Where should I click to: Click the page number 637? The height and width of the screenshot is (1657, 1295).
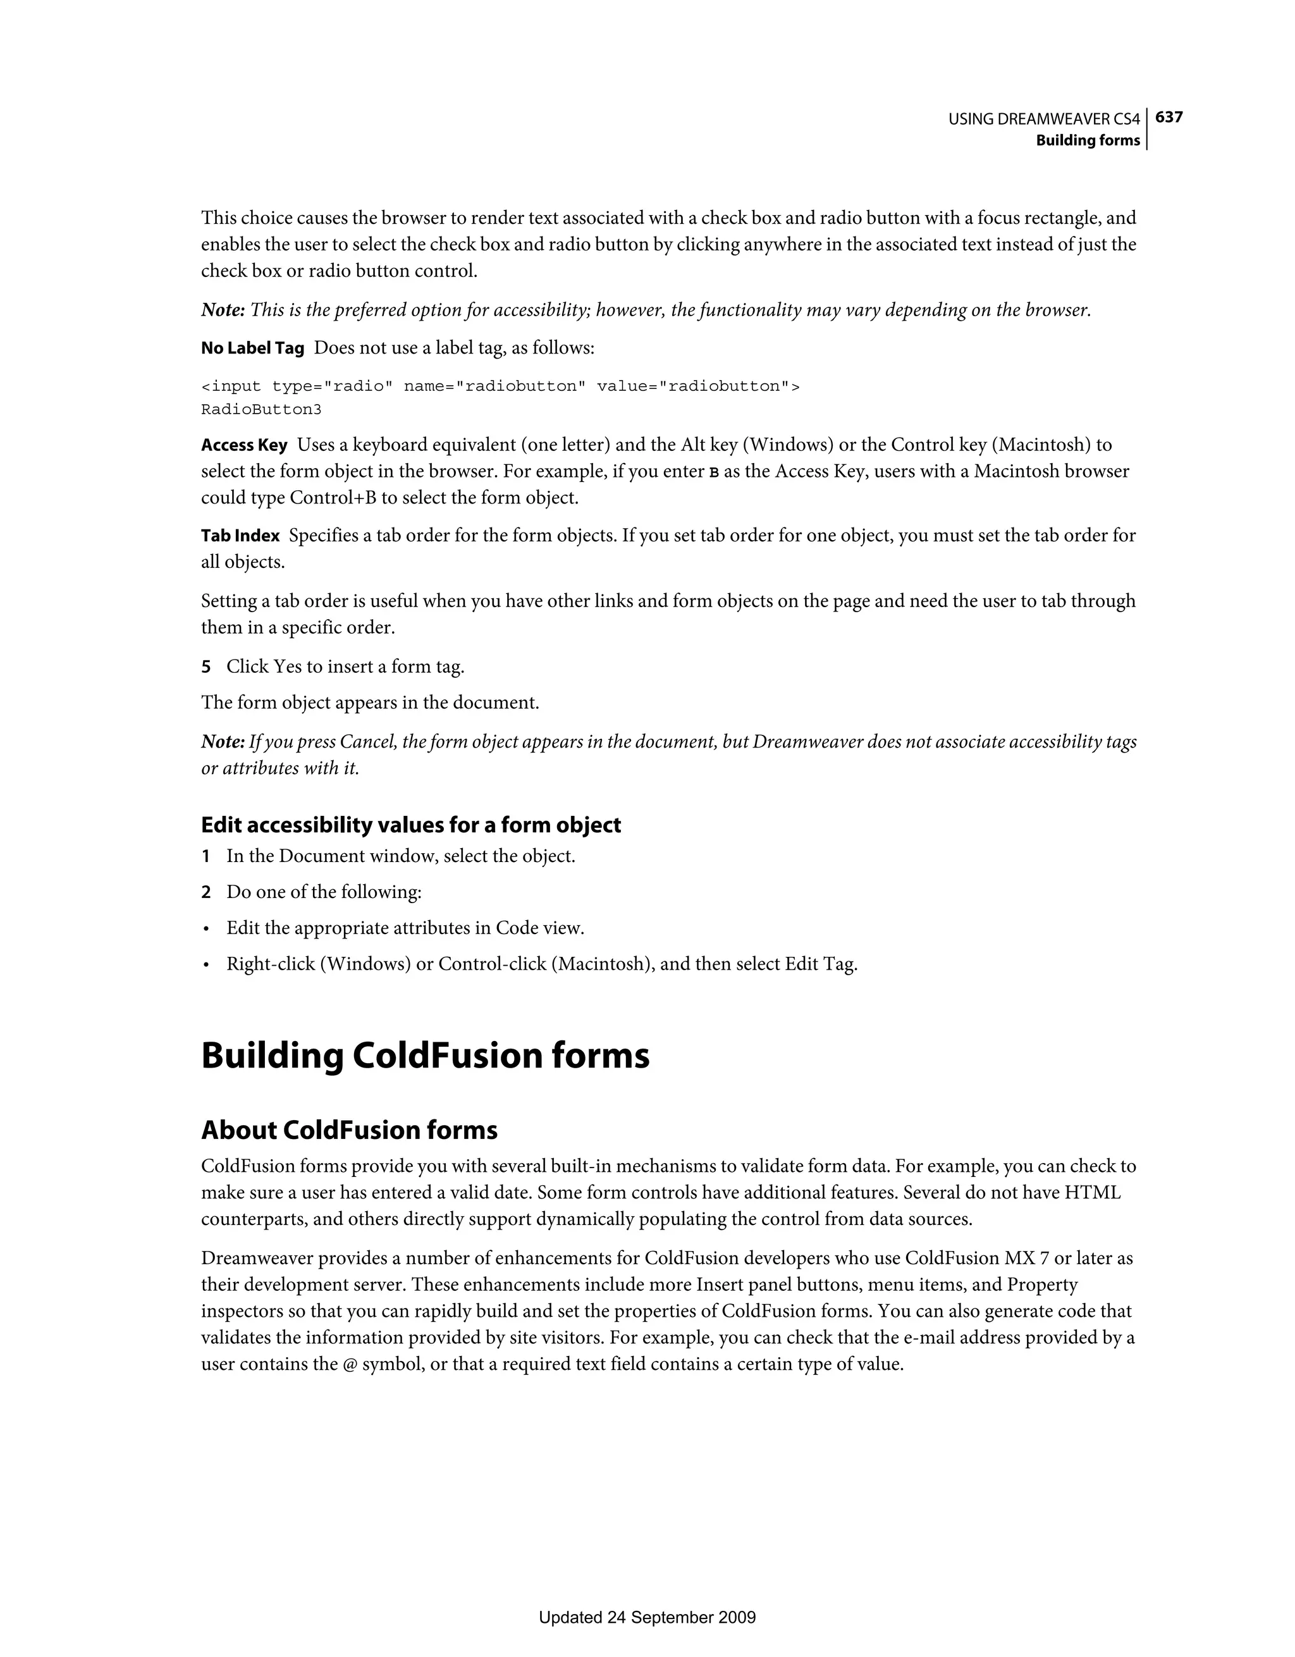(1169, 117)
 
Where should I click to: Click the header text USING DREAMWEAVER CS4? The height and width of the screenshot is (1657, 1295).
(1044, 119)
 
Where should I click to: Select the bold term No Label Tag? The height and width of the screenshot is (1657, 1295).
(253, 348)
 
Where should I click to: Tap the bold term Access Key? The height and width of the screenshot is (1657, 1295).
(243, 445)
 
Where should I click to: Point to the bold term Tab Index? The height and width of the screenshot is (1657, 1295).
(240, 536)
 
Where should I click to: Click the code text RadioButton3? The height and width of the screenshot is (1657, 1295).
(261, 410)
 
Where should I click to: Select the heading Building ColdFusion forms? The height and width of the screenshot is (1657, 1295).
(425, 1056)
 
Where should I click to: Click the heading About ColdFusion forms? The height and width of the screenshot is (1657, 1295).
(349, 1130)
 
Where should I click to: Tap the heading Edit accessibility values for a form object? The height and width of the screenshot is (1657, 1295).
(410, 825)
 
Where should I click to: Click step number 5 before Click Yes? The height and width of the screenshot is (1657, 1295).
(206, 667)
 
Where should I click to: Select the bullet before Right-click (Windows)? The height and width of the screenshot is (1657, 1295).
(206, 965)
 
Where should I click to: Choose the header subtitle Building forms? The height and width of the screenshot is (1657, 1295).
(1088, 140)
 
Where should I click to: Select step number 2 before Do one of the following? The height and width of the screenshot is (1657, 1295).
(206, 892)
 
